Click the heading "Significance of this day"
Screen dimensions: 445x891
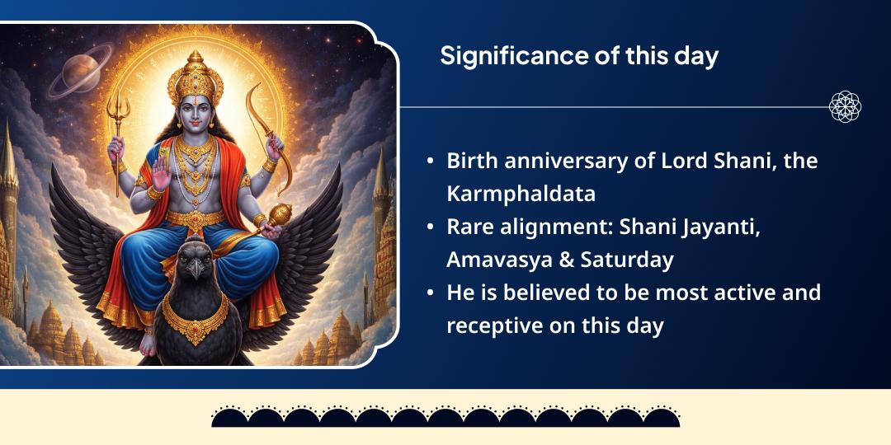(x=579, y=56)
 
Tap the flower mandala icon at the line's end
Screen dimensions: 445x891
(x=845, y=107)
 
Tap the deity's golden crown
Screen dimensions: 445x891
(x=196, y=78)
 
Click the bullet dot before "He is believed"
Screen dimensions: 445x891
(x=431, y=293)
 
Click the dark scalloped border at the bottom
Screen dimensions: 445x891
(x=445, y=417)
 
